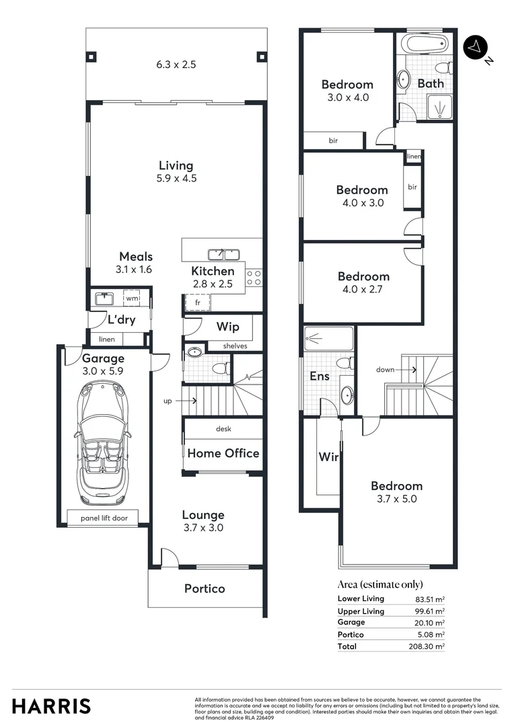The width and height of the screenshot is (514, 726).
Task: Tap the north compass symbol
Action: [x=476, y=46]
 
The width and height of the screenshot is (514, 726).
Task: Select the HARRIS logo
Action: [x=51, y=707]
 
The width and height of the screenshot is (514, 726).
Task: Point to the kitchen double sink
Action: [x=223, y=254]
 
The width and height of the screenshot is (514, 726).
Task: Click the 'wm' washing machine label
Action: [x=132, y=298]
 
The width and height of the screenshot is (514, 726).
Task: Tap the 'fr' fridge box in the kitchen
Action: [x=198, y=303]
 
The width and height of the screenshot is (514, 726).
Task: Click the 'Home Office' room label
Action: [x=223, y=453]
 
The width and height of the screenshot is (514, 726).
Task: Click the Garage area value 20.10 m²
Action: [x=429, y=622]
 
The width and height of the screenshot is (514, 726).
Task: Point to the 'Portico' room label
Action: [x=205, y=588]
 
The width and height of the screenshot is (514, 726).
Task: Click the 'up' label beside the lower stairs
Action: [x=169, y=401]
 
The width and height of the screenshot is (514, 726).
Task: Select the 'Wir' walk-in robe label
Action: [x=328, y=457]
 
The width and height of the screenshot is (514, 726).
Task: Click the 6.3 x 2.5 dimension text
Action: [x=176, y=65]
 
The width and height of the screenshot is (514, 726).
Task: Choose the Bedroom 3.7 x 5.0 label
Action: [x=397, y=492]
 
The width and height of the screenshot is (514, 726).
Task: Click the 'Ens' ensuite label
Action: [x=319, y=376]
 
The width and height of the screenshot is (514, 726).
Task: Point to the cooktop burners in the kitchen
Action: [x=254, y=278]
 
